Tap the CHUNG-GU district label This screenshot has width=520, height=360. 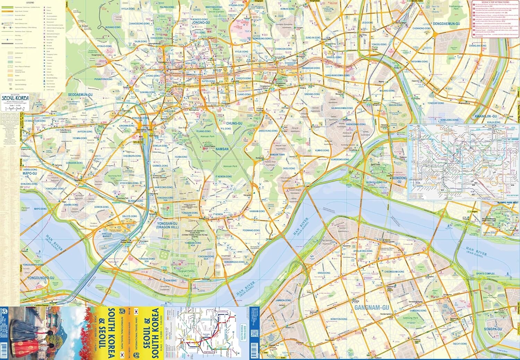point(234,123)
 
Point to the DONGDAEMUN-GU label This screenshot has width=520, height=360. point(446,24)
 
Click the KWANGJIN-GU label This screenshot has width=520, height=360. point(486,116)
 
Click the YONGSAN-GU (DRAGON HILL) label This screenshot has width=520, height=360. point(167,226)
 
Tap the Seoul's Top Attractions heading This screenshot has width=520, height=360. point(496,2)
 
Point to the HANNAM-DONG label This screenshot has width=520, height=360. point(257,211)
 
